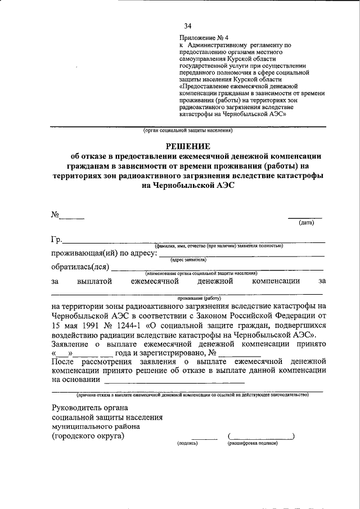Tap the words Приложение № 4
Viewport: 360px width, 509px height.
click(x=200, y=37)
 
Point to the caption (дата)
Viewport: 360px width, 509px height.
click(x=306, y=223)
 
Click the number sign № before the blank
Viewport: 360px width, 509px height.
click(x=56, y=214)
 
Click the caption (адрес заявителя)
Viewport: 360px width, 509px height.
click(x=188, y=260)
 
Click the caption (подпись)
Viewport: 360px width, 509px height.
click(x=188, y=443)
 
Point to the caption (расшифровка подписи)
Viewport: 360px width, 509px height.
click(x=253, y=443)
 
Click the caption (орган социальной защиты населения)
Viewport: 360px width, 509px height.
click(x=187, y=130)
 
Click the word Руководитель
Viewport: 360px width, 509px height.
click(x=76, y=407)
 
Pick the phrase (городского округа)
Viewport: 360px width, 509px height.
click(x=88, y=436)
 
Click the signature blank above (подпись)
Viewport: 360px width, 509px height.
click(x=204, y=438)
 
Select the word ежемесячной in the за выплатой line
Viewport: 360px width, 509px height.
click(x=155, y=280)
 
